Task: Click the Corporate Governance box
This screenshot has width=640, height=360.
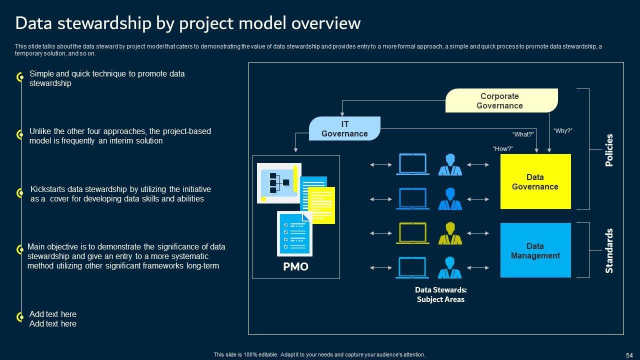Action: (501, 100)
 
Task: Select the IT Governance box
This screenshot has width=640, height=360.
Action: (344, 128)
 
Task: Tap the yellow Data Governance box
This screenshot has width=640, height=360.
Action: (535, 181)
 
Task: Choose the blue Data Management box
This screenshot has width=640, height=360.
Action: (535, 250)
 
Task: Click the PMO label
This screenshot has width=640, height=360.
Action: (295, 266)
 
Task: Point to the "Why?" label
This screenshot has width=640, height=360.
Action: (562, 131)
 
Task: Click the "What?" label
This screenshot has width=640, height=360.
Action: (523, 134)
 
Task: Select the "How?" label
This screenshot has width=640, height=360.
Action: (503, 149)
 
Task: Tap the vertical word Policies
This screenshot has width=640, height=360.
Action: (609, 150)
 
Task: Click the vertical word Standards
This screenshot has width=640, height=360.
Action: (609, 250)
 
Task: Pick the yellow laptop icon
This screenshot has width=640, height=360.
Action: (412, 233)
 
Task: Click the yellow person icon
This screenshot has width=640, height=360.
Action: (450, 233)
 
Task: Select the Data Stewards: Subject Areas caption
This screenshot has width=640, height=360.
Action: (440, 294)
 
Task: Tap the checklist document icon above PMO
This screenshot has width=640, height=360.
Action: (294, 233)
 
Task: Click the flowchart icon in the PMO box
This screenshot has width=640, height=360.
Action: (279, 183)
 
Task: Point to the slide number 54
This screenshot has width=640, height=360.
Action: (629, 355)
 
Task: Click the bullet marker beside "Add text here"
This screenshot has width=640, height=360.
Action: (20, 317)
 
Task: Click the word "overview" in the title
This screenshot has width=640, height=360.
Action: (326, 23)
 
